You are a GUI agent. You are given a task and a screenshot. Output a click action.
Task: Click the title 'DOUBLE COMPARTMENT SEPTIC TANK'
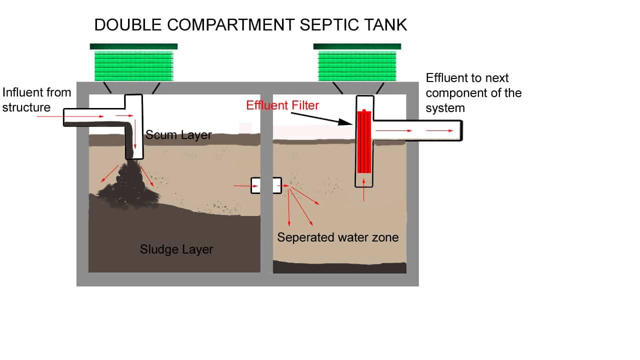click(x=250, y=25)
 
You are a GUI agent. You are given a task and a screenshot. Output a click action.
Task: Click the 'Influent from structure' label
click(x=36, y=99)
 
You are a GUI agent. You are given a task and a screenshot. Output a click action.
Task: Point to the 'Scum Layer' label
click(x=178, y=135)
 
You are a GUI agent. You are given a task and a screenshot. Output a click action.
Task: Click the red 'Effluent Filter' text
click(x=282, y=105)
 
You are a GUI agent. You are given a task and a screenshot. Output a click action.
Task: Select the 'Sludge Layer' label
click(x=176, y=249)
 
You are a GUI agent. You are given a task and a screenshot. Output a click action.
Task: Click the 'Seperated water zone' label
click(x=338, y=237)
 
